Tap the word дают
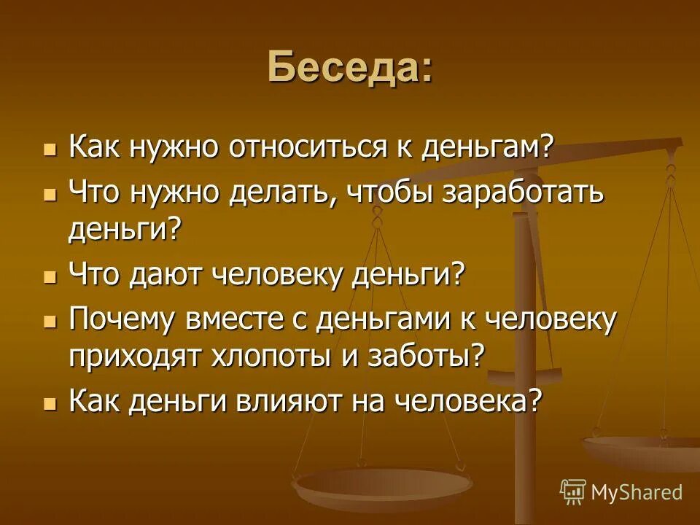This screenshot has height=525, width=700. tap(167, 276)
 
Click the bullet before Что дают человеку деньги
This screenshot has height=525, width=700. tap(50, 278)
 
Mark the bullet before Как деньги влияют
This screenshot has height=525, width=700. tap(50, 402)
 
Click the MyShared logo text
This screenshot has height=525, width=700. tap(636, 491)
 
